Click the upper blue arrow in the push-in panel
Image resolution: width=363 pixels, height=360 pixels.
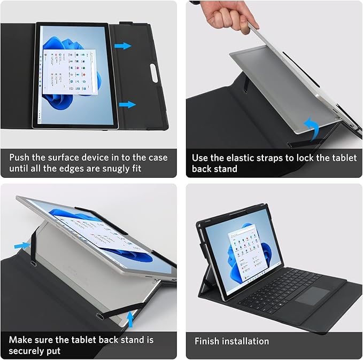123,46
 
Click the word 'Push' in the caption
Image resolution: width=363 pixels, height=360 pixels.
20,158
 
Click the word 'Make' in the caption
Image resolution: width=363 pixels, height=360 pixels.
21,340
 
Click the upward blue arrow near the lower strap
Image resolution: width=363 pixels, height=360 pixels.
129,319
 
